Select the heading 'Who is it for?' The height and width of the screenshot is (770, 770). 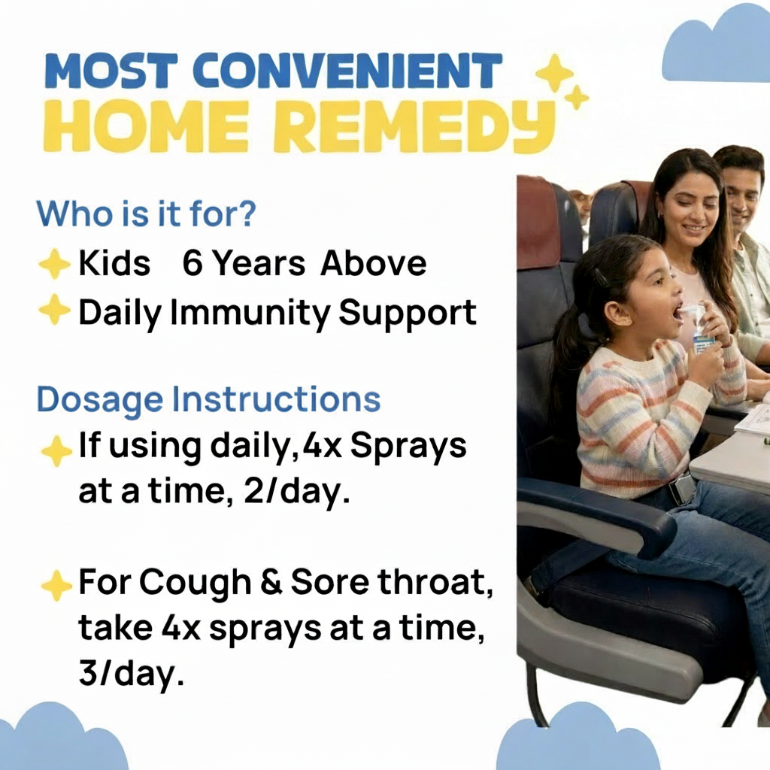147,214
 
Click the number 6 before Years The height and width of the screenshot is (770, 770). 193,264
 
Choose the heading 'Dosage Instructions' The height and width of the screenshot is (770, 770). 208,399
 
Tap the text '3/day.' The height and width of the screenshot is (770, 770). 131,673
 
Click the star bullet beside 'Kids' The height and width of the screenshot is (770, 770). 54,265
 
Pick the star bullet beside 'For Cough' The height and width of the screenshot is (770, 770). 55,586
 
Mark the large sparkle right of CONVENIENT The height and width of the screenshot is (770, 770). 553,74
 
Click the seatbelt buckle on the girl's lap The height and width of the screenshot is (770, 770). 683,487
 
